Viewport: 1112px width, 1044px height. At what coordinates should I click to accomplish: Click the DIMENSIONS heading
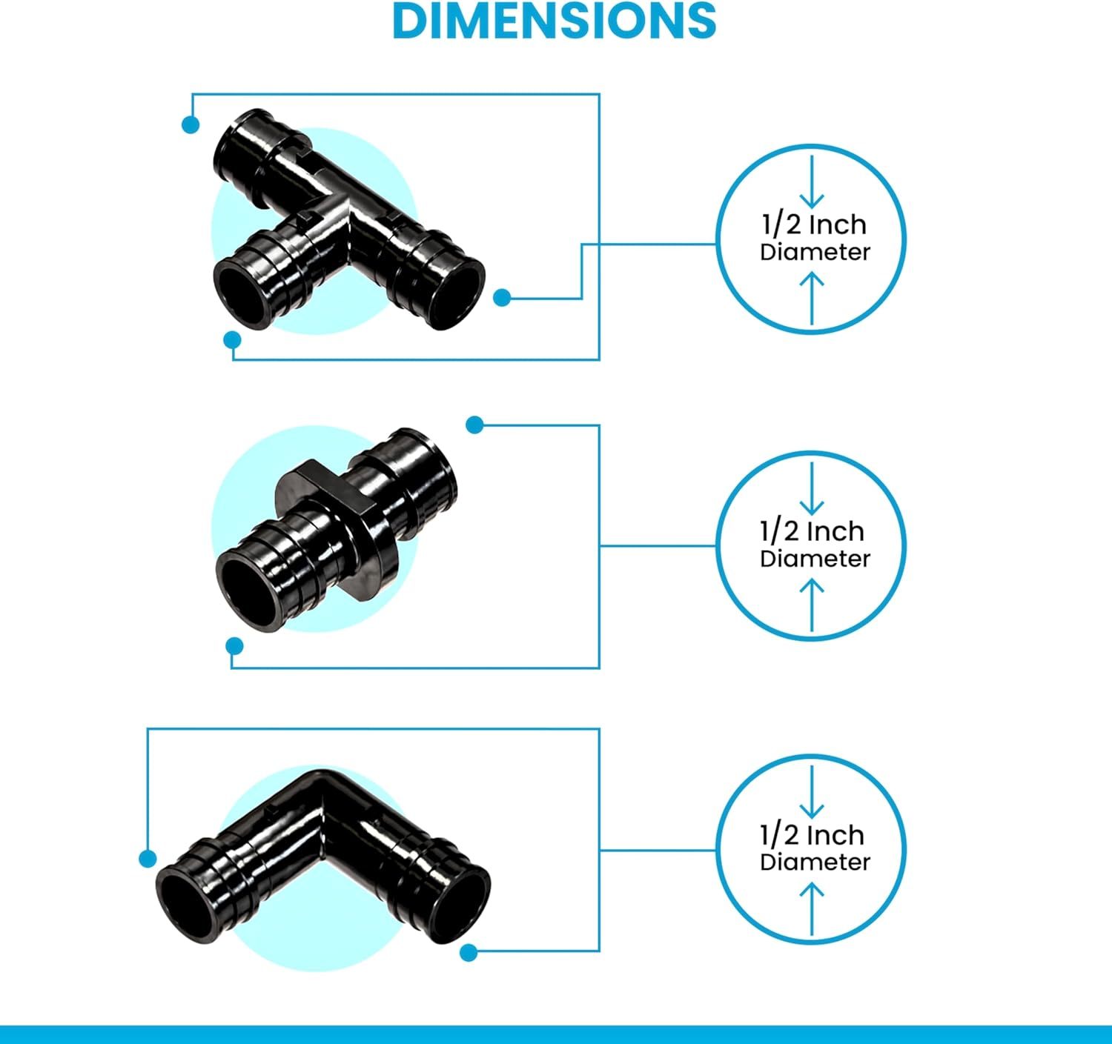[x=555, y=21]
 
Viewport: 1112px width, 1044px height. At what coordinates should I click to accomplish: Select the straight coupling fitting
[x=336, y=530]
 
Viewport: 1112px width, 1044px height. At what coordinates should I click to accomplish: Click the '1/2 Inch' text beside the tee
[x=814, y=225]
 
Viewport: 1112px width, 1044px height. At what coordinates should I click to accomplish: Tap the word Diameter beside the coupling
[x=815, y=559]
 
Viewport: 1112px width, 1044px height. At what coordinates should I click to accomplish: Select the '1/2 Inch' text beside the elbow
[x=812, y=835]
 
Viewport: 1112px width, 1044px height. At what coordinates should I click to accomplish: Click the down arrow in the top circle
[x=812, y=182]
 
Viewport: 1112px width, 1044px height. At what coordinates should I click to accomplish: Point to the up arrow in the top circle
[x=812, y=299]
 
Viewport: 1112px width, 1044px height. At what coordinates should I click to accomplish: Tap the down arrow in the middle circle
[x=812, y=489]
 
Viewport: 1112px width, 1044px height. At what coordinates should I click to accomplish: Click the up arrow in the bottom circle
[x=812, y=910]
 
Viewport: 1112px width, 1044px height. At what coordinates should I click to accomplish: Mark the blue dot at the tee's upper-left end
[x=191, y=124]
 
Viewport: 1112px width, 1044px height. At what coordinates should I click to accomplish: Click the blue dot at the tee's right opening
[x=502, y=298]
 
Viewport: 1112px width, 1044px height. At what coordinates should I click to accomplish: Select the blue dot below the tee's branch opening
[x=232, y=340]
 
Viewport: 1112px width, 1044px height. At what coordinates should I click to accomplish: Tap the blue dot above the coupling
[x=474, y=425]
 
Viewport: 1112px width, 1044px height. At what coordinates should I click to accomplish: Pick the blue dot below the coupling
[x=234, y=646]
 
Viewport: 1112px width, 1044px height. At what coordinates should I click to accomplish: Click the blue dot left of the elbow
[x=148, y=859]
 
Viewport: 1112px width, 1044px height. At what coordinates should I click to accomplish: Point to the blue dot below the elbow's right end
[x=469, y=952]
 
